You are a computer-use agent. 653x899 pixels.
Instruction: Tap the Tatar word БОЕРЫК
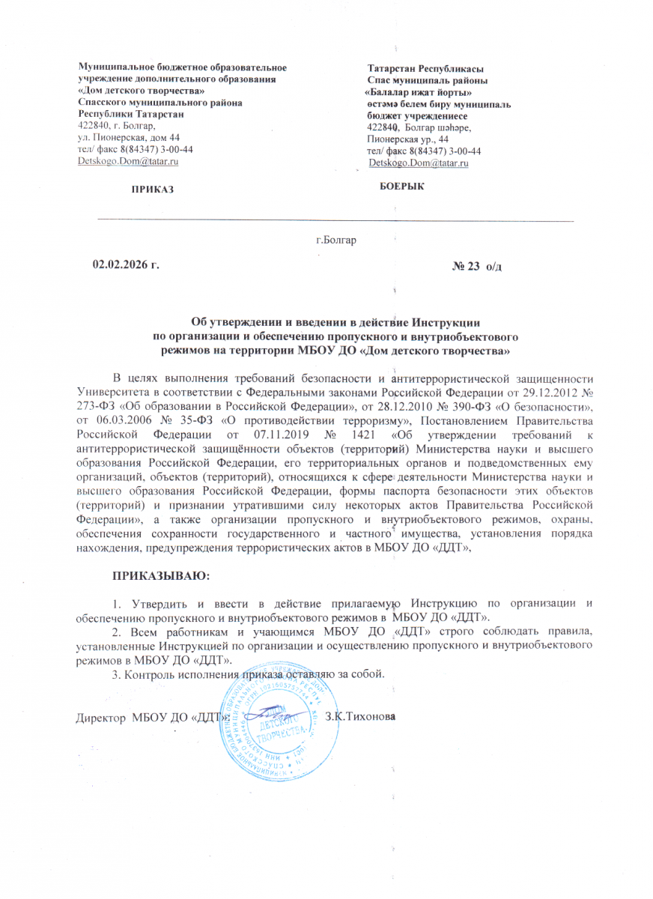click(402, 186)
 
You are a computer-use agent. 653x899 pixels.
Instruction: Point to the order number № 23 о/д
click(477, 268)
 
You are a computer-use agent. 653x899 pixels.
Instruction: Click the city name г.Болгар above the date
click(336, 240)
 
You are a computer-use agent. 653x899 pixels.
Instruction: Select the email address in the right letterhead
click(419, 163)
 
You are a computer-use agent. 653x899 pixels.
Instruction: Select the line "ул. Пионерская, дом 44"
click(129, 138)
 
